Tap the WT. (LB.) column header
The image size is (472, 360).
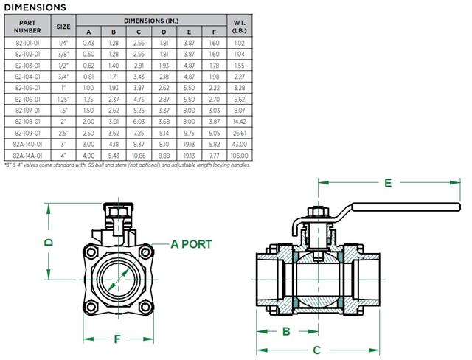tap(237, 27)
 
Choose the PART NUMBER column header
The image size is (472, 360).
tap(27, 27)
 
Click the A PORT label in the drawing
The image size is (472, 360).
tap(191, 244)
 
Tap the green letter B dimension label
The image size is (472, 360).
tap(286, 331)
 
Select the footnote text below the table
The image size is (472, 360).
tap(125, 165)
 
